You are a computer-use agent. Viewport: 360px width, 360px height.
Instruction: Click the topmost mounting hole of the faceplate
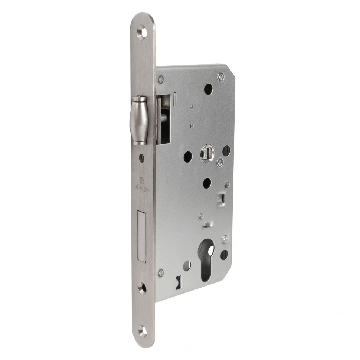tap(142, 33)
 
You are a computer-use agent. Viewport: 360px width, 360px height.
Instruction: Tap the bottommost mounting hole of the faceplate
tap(142, 330)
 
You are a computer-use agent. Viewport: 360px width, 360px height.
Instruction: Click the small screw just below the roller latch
tap(141, 157)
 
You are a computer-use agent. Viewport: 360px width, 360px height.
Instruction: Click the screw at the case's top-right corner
tap(221, 77)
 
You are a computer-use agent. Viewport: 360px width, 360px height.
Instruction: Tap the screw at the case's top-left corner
tap(161, 79)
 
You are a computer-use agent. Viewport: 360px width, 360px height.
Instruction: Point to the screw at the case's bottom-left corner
tap(161, 274)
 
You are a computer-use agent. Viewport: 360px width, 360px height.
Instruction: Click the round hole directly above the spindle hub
tap(209, 89)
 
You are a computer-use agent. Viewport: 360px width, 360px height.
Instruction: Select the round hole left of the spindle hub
tap(188, 156)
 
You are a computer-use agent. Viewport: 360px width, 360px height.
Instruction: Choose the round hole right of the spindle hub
tap(226, 150)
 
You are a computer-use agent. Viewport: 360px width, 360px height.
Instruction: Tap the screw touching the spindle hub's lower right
tap(220, 162)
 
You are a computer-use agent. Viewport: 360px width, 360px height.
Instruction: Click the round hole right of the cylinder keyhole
tap(224, 254)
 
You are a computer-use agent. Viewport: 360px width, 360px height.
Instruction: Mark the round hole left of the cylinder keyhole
tap(187, 265)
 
